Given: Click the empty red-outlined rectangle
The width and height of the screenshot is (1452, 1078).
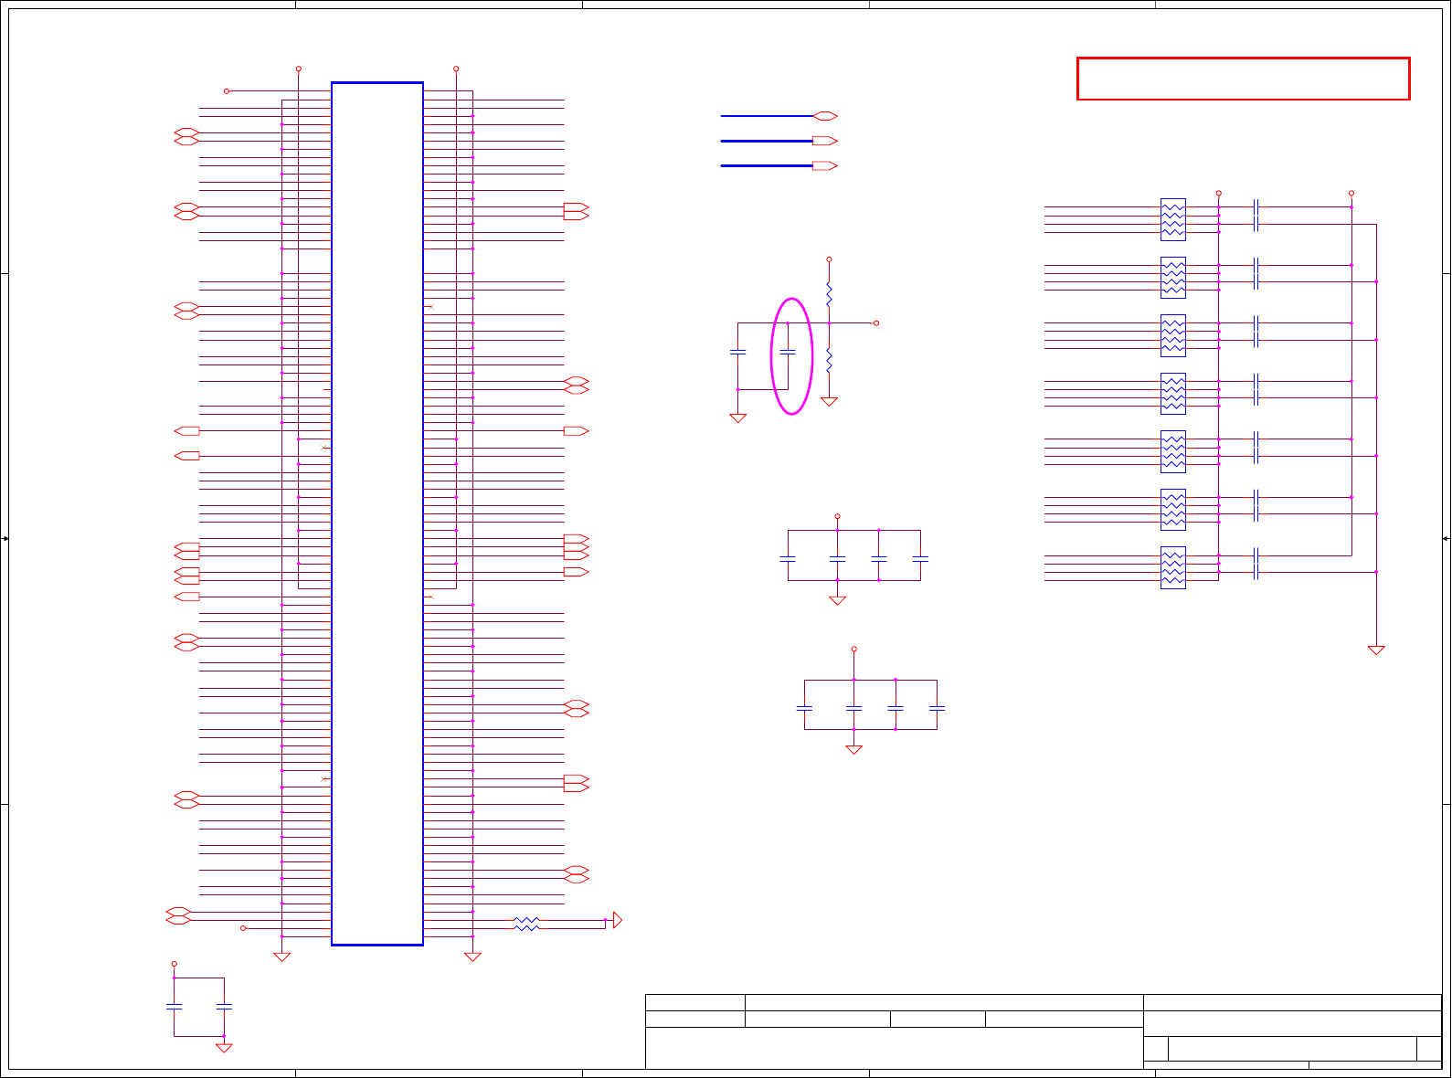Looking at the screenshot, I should pos(1243,79).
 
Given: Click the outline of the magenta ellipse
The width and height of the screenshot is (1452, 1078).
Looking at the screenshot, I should pos(772,356).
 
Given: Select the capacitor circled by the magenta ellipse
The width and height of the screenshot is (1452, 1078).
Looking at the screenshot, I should pos(788,352).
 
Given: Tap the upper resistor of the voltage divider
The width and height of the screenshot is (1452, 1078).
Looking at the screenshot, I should pos(829,294).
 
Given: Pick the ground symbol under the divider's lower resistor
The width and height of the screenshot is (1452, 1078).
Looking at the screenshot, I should pos(829,401).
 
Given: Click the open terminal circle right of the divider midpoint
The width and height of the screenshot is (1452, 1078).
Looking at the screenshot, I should pos(876,323).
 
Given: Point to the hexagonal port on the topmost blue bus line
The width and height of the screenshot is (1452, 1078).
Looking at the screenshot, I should pos(825,116).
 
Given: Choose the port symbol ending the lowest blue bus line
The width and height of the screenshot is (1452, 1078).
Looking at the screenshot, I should pos(825,166).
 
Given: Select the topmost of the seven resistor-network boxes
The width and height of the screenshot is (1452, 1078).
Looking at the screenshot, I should pos(1172,219).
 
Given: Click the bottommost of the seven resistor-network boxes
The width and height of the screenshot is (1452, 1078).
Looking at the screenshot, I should pos(1172,567).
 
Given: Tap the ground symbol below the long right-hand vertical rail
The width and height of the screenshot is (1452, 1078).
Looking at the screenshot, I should pos(1376,650).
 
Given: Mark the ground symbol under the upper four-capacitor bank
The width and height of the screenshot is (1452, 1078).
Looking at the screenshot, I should pos(837,600).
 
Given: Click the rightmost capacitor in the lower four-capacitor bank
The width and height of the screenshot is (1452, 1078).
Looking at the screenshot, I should pos(937,708).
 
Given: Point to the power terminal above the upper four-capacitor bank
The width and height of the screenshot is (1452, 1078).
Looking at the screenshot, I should pos(837,517).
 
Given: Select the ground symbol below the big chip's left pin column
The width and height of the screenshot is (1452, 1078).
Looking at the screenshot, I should pos(281,956).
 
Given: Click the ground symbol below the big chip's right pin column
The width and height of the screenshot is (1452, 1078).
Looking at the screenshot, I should pos(472,956).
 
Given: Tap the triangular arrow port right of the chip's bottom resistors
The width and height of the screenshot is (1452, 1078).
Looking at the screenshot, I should pos(618,920).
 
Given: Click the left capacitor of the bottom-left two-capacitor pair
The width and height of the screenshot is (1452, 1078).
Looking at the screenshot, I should pos(174,1007).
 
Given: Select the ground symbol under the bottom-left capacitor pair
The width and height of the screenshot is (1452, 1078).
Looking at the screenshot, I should pos(224,1048).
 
